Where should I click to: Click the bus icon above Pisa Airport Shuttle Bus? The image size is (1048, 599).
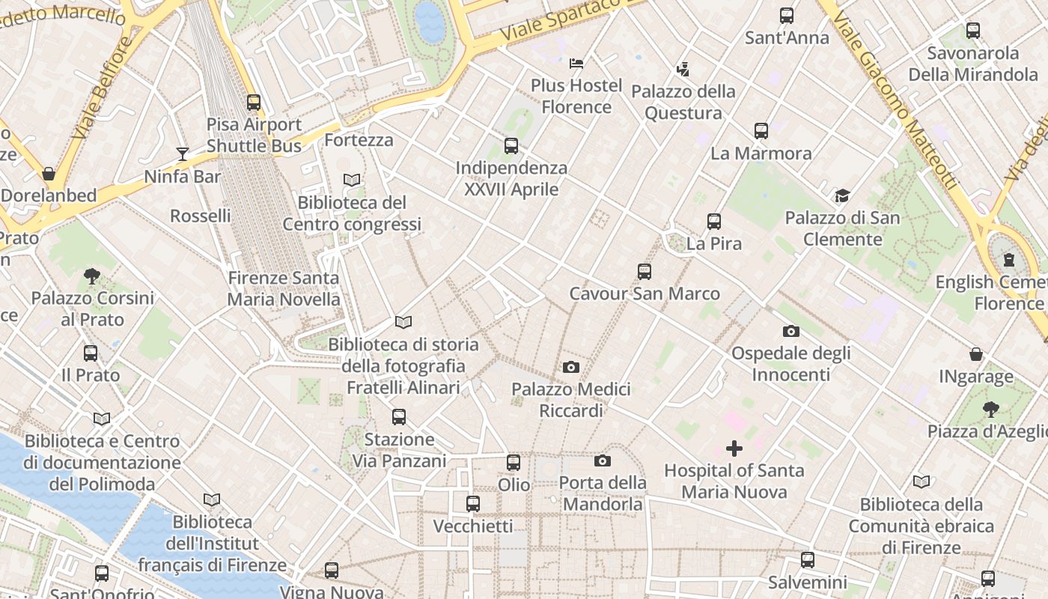[254, 103]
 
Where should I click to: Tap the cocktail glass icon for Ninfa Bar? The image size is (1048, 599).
[183, 154]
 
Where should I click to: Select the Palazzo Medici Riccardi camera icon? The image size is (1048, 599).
[571, 367]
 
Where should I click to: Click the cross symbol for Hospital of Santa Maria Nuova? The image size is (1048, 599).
[734, 449]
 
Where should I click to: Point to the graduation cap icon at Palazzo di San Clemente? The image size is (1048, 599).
[842, 196]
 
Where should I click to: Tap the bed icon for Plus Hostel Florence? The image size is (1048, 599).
[576, 64]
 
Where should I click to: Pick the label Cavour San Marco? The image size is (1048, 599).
[645, 294]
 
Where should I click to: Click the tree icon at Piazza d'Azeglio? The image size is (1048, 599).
[991, 410]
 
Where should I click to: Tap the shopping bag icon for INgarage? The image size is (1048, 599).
[976, 353]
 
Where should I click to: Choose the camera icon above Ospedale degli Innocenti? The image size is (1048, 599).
[791, 331]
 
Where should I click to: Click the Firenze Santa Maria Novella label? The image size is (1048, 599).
[284, 289]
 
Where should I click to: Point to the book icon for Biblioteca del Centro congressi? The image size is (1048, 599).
[352, 180]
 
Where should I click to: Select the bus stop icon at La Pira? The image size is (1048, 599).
[714, 222]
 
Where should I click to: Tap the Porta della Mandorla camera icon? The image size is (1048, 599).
[603, 460]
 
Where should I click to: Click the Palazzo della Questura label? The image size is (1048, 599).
[683, 103]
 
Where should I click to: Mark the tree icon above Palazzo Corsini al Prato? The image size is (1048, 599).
[92, 276]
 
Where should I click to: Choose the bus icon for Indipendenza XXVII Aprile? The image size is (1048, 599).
[511, 146]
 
